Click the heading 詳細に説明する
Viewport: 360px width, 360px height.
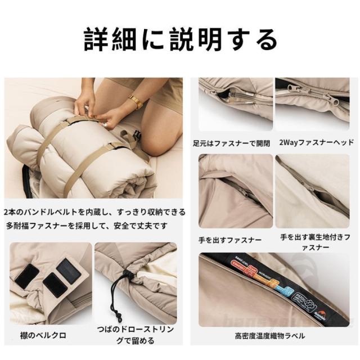180,40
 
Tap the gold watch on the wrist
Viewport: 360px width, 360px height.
135,102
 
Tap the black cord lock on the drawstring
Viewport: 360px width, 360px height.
125,277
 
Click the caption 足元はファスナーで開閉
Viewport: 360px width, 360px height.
231,143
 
